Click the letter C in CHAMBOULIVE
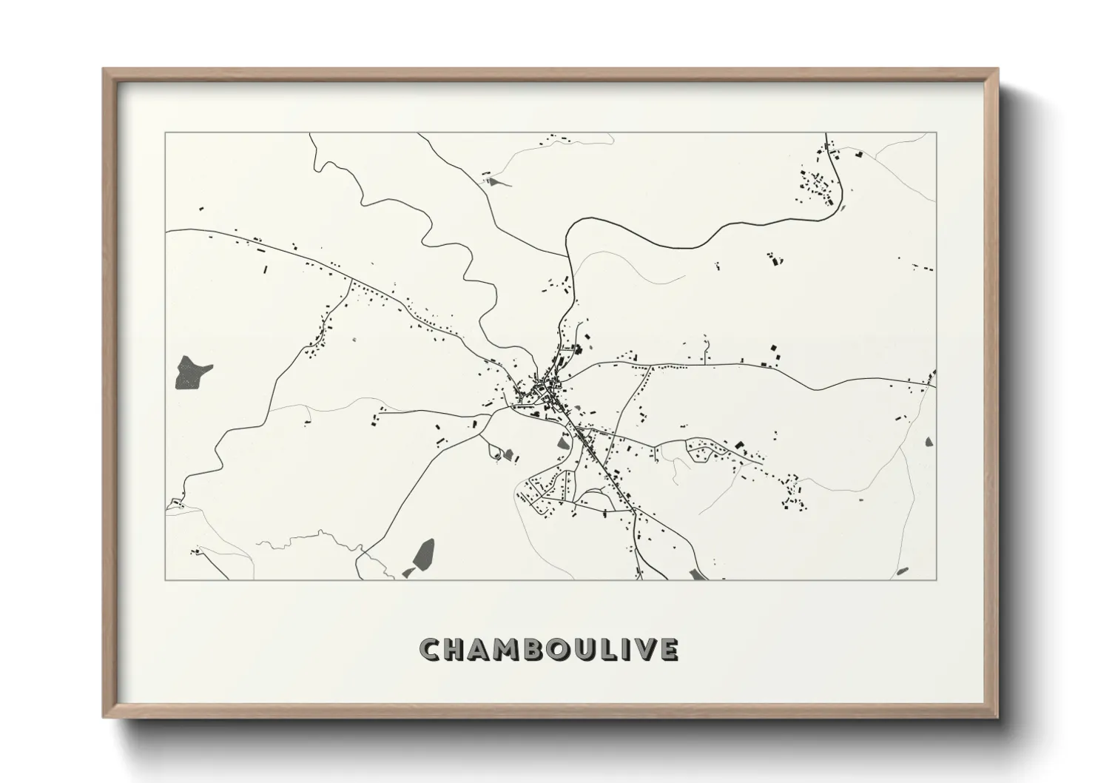tap(431, 649)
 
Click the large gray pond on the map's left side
tap(192, 372)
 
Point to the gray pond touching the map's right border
tap(929, 443)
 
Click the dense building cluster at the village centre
tap(549, 386)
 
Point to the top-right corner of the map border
tap(936, 133)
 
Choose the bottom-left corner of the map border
tap(166, 579)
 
